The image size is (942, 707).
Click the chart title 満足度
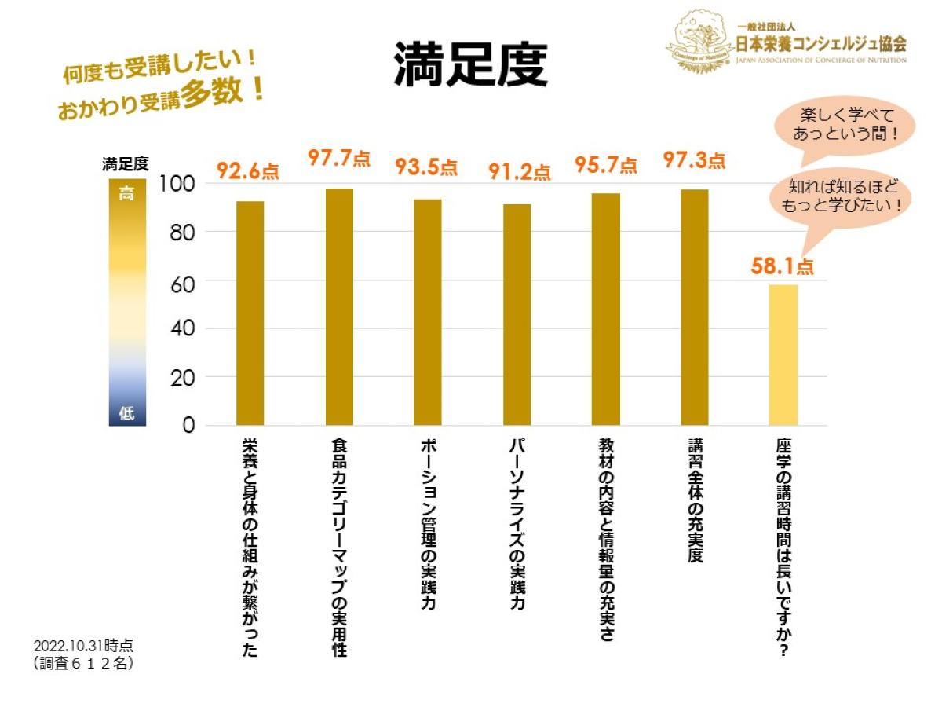pos(469,64)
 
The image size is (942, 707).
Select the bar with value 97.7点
pos(339,306)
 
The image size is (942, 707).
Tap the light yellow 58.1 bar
pos(783,354)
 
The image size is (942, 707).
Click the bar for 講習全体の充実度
pos(695,307)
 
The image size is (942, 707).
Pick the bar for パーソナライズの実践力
pos(517,314)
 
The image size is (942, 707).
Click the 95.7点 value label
pos(605,165)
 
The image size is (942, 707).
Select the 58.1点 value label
pos(782,266)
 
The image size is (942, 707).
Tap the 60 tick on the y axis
pos(181,280)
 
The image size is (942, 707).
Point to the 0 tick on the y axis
pos(188,425)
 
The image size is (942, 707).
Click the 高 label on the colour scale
pos(126,194)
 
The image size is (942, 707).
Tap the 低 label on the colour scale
pos(126,414)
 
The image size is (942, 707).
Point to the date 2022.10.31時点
pos(83,645)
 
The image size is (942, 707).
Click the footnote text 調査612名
pos(83,663)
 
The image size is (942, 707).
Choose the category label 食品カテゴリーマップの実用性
pos(339,546)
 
